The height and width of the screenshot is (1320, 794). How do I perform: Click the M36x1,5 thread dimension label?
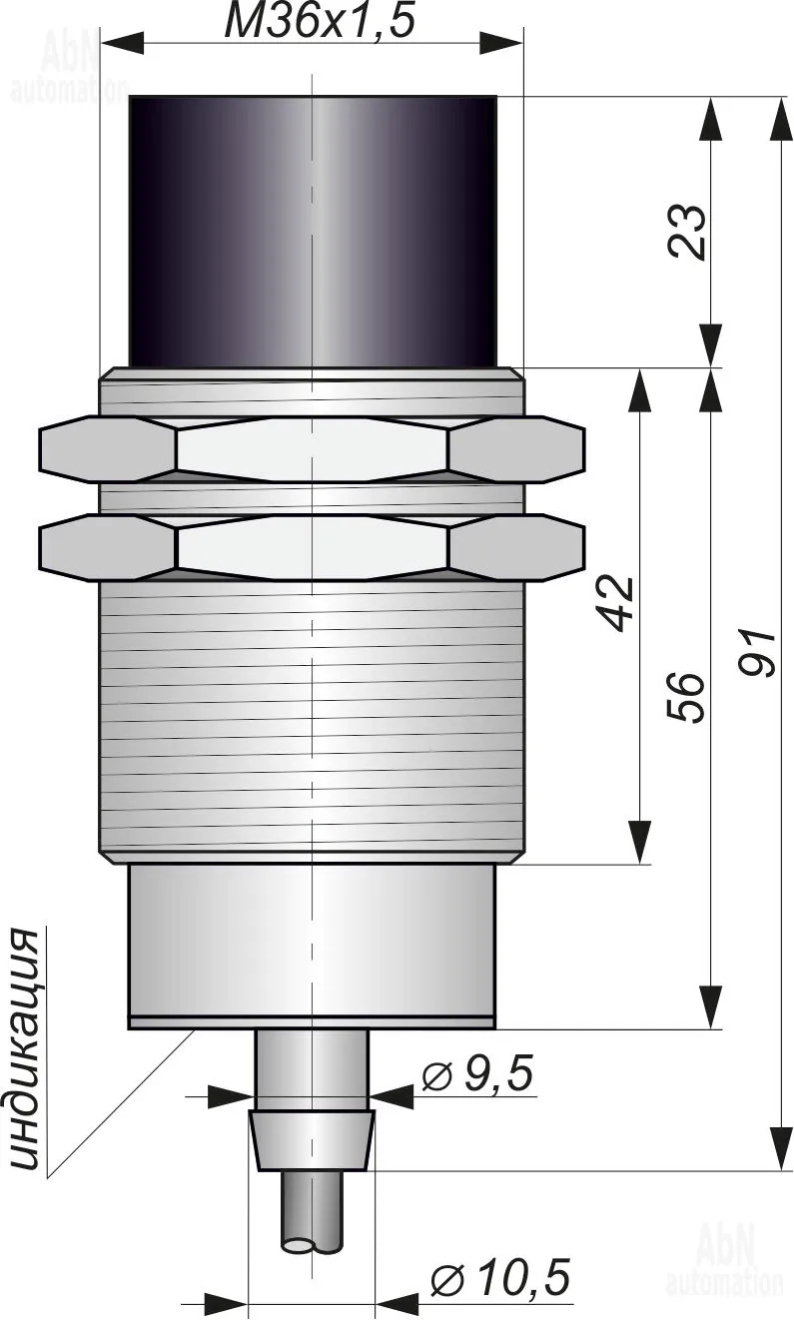click(320, 21)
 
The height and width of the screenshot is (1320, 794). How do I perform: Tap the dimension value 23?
click(687, 232)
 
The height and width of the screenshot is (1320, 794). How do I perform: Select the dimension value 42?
click(616, 603)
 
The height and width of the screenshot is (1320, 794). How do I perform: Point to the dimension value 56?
click(686, 696)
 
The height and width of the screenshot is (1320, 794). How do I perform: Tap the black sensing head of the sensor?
click(313, 232)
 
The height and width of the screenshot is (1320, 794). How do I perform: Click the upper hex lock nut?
click(313, 448)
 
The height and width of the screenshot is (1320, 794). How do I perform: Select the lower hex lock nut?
click(313, 546)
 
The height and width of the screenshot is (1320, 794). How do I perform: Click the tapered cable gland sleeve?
click(313, 1139)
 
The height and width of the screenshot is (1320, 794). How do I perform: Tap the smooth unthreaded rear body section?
click(312, 945)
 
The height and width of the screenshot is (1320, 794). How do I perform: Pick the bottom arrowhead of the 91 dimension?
click(782, 1148)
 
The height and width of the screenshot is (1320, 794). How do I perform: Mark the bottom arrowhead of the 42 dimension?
click(639, 842)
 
